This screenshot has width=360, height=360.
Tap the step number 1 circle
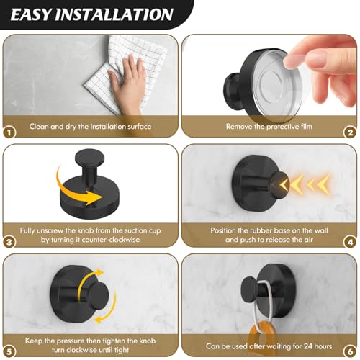[x=9, y=132]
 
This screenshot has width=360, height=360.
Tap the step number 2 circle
[x=350, y=132]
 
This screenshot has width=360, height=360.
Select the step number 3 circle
[x=9, y=242]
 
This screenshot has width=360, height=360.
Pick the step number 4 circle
[x=350, y=242]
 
